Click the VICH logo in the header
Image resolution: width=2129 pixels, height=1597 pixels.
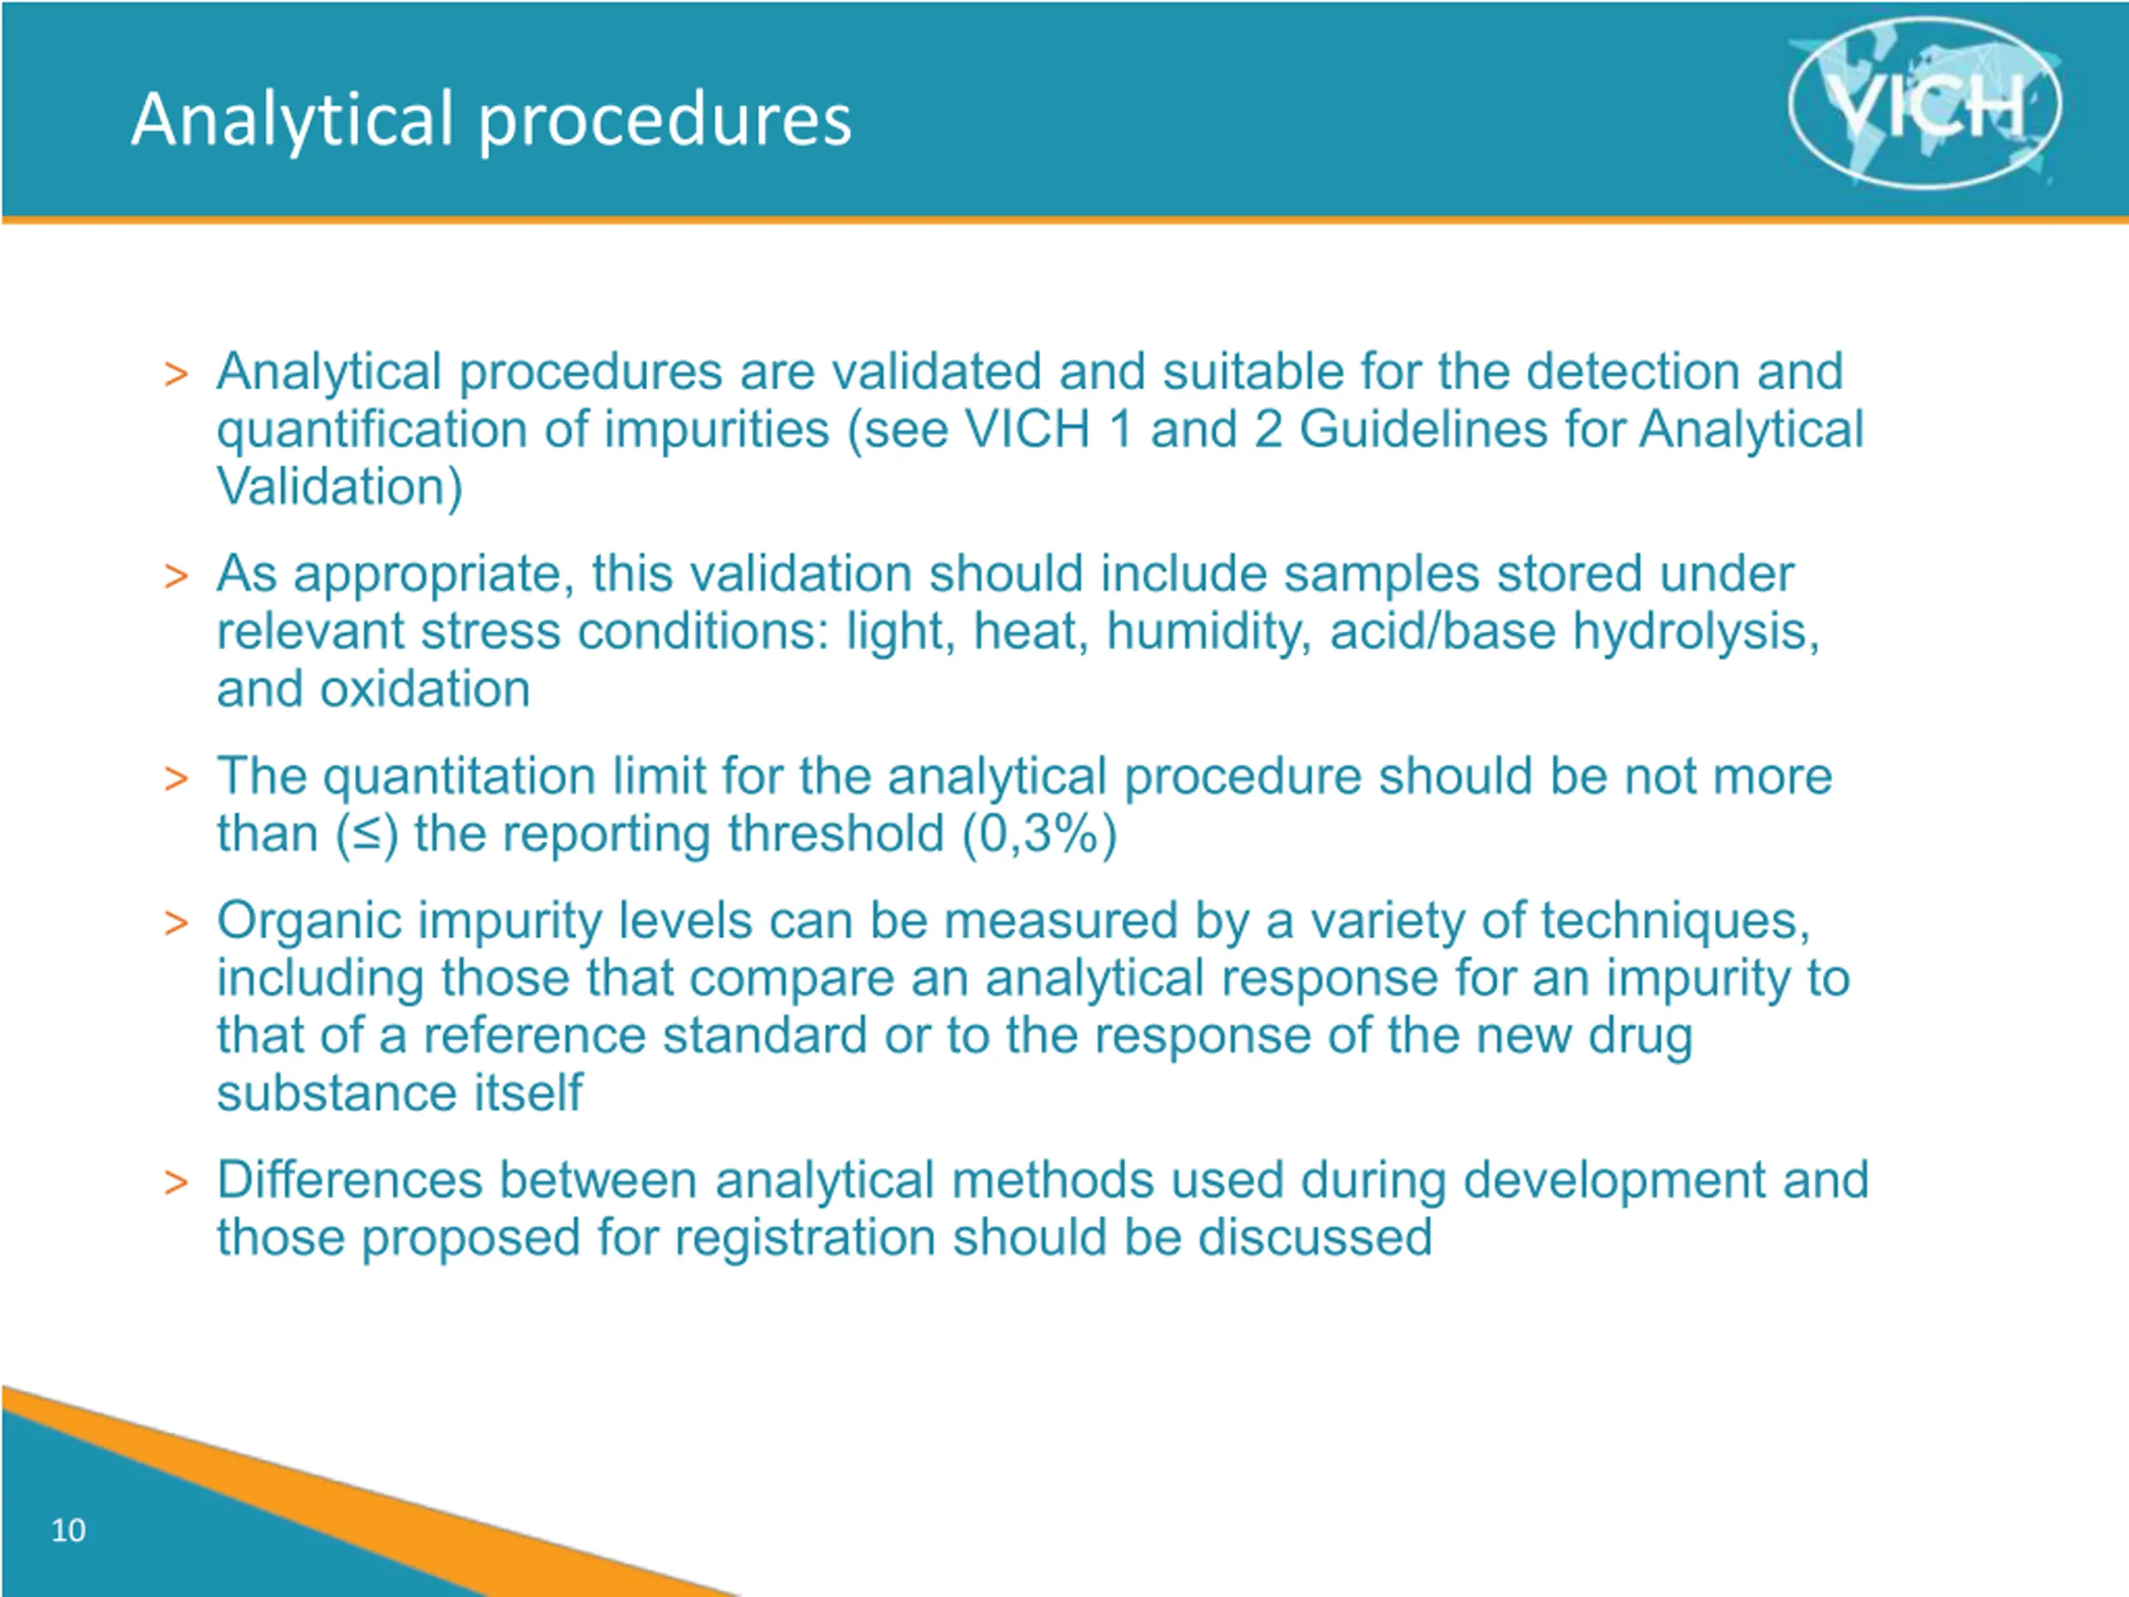[1924, 103]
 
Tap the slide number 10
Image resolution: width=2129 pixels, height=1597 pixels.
[68, 1530]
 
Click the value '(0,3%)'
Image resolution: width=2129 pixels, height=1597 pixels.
[1040, 833]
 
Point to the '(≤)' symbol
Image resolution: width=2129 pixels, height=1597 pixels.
[367, 833]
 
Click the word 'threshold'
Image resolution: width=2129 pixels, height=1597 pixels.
[837, 833]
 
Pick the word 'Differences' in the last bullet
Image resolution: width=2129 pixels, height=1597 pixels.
[349, 1180]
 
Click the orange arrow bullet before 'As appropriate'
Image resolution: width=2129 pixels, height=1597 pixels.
[176, 576]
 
